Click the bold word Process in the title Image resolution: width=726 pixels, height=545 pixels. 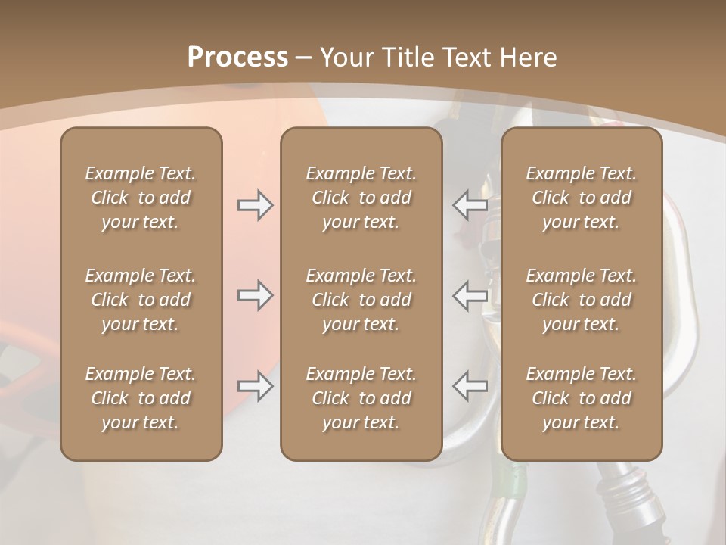click(237, 58)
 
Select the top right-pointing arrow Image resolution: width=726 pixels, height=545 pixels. click(255, 205)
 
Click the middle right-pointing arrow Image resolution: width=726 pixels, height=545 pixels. click(255, 295)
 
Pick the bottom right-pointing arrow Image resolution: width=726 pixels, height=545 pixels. click(255, 387)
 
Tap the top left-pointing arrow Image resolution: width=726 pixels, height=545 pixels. click(470, 205)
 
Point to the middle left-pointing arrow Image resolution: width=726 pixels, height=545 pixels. click(470, 295)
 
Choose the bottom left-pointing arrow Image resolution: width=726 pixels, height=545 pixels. click(470, 386)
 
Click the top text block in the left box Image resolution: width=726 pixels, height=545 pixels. click(141, 198)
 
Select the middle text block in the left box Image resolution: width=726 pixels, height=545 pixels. click(141, 300)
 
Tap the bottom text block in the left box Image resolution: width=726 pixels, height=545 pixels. click(141, 398)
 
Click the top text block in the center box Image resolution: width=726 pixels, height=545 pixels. click(361, 198)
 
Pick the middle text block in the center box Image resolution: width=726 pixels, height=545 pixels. click(361, 300)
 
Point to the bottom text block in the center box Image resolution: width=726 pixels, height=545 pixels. click(361, 398)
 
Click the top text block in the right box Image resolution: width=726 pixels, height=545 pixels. click(581, 198)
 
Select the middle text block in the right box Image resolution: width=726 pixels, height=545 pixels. click(581, 300)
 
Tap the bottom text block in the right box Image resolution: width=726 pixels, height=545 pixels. click(581, 398)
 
